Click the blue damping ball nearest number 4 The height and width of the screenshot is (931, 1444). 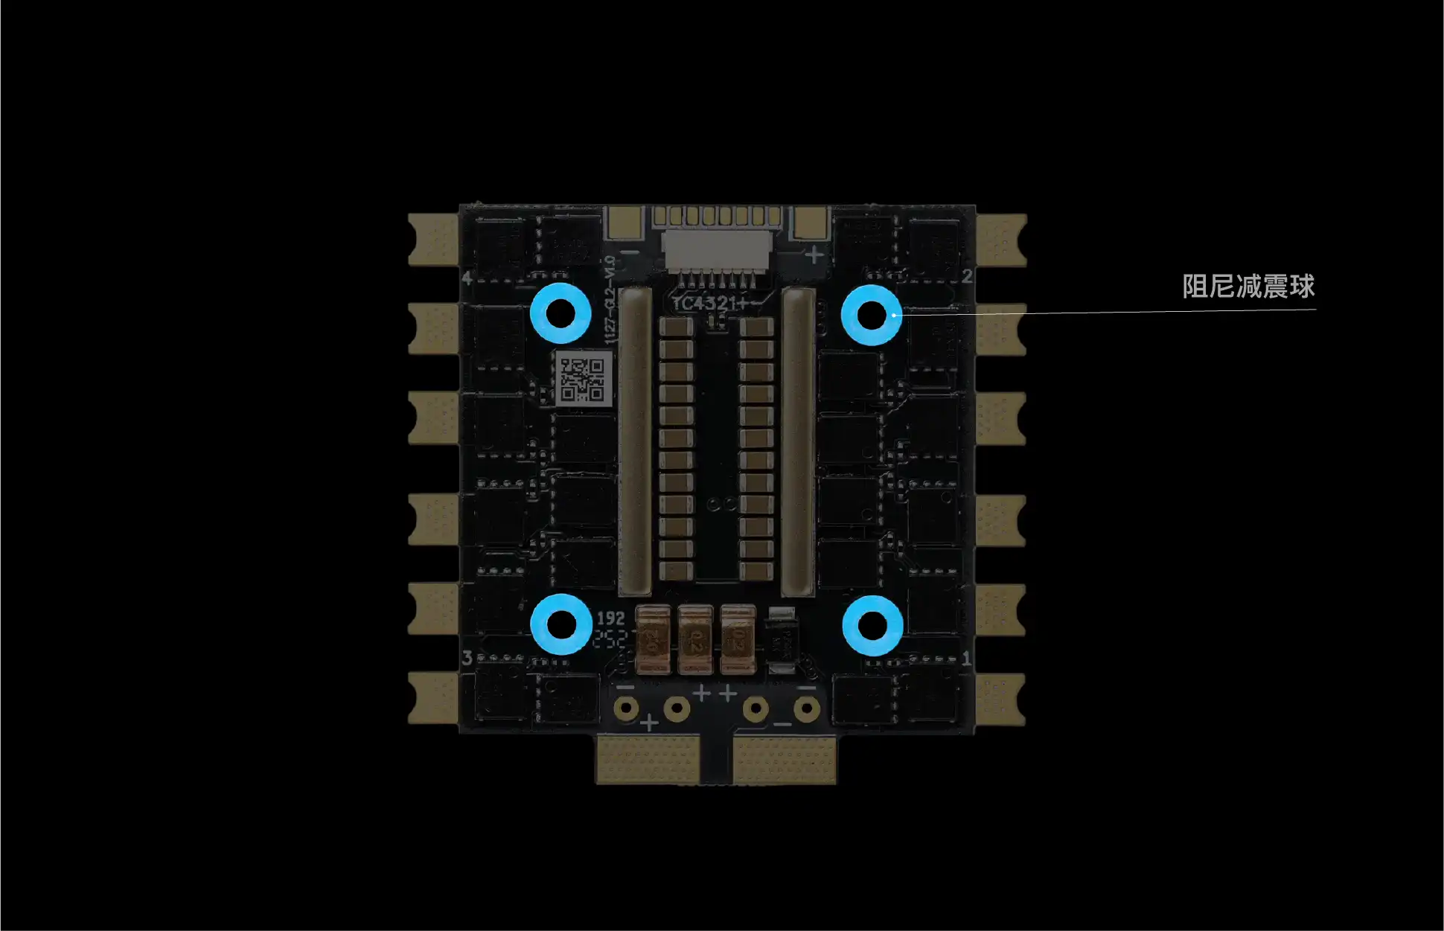point(560,313)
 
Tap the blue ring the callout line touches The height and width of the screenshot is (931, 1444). point(872,314)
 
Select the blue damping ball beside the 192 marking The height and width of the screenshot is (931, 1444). point(562,624)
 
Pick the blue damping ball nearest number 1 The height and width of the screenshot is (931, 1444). point(872,625)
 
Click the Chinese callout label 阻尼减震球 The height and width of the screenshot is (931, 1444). point(1248,287)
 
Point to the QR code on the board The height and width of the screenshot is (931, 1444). point(583,380)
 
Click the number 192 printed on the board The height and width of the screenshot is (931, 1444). point(610,618)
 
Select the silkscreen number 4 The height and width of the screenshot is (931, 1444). point(467,278)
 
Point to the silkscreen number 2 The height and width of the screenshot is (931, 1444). point(966,276)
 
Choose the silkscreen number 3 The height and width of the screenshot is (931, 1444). point(467,658)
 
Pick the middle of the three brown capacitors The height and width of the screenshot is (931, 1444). point(695,639)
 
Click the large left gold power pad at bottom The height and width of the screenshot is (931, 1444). point(648,759)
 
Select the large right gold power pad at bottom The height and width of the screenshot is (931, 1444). point(785,759)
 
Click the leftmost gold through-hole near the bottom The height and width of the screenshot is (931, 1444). point(626,707)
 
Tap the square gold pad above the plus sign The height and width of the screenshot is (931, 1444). point(811,221)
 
